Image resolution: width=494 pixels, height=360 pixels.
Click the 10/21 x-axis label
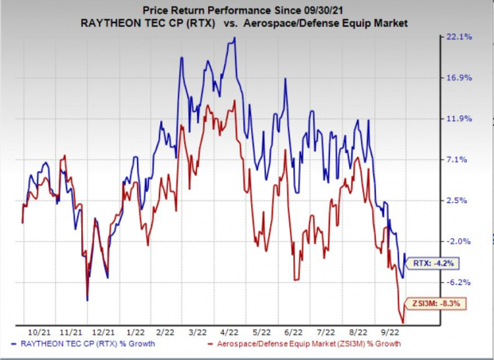click(x=37, y=331)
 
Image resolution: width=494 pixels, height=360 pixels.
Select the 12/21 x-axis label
click(x=101, y=331)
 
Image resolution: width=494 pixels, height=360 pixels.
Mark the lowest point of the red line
click(x=402, y=322)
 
